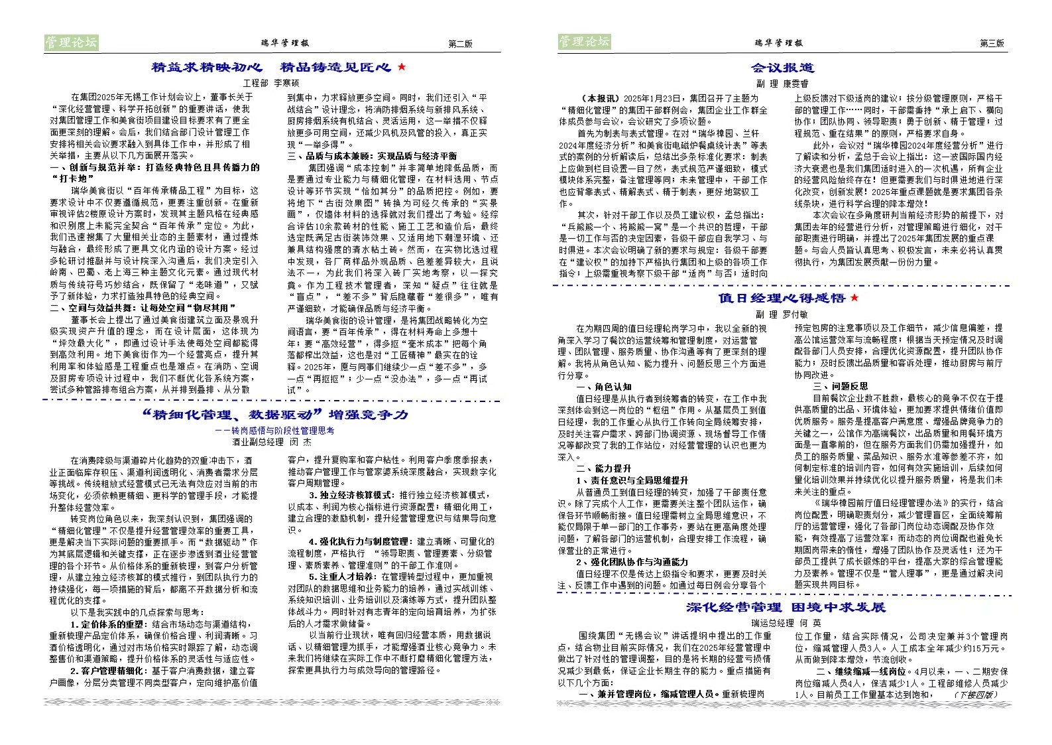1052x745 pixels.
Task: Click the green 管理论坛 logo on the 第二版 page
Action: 71,42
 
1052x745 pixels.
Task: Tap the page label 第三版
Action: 992,43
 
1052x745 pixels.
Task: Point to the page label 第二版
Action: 460,44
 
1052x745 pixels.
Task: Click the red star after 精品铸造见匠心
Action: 402,67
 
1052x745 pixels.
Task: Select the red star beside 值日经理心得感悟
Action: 854,298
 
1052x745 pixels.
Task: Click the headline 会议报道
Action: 782,68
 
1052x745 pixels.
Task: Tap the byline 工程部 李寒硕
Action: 271,83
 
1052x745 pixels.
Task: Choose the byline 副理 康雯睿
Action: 782,84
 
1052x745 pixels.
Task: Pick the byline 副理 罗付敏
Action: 782,314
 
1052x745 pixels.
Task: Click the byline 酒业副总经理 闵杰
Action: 271,442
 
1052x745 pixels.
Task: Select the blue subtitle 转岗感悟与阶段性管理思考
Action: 274,431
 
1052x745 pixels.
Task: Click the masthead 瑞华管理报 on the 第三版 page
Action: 778,43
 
